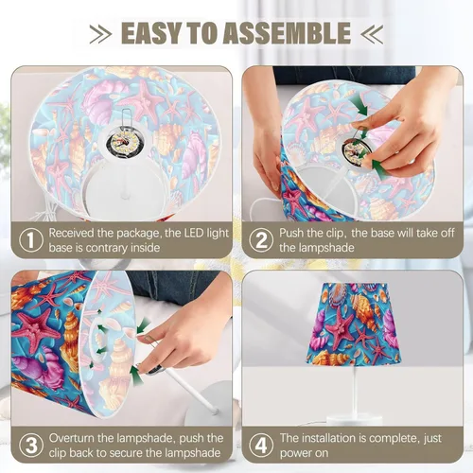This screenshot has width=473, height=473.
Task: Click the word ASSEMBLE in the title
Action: click(287, 33)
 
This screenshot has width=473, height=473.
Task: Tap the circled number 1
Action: click(31, 240)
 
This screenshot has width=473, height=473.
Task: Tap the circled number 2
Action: click(261, 240)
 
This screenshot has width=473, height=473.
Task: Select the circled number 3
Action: click(31, 446)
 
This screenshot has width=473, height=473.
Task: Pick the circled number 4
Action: click(261, 446)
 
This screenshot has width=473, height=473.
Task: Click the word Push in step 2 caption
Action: click(291, 233)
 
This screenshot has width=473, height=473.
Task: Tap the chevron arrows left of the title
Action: click(100, 34)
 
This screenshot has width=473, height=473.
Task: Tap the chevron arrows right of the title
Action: click(372, 34)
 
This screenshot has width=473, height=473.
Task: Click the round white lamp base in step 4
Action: click(355, 420)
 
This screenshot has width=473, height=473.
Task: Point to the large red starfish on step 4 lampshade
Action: click(340, 329)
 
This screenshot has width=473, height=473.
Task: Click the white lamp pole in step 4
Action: click(355, 391)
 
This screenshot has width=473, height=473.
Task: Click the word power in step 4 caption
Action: click(296, 453)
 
